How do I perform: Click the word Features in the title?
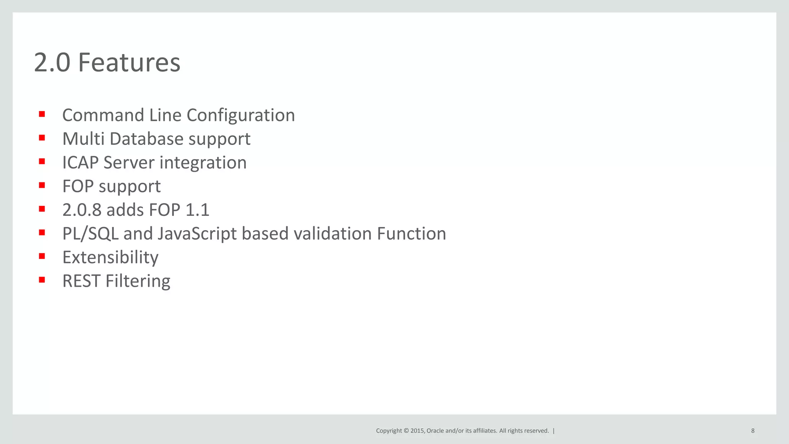pos(129,62)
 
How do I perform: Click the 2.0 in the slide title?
pos(52,62)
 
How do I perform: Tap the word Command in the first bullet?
pos(103,115)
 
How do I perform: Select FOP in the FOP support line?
pos(78,186)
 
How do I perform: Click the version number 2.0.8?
pos(82,210)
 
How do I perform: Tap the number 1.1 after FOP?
pos(197,210)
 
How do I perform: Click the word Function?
pos(411,234)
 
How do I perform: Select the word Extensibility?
pos(110,257)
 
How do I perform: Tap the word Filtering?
pos(138,281)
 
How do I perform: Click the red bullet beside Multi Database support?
pos(42,138)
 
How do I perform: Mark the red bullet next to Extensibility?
pos(42,256)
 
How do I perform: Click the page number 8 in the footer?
pos(753,431)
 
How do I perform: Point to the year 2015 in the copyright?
pos(417,431)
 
